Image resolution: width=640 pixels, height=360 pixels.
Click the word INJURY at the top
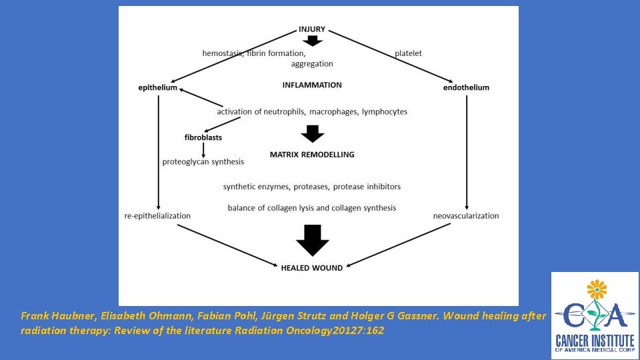312,29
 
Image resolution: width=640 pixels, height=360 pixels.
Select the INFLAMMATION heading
312,85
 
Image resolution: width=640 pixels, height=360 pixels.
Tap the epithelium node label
158,87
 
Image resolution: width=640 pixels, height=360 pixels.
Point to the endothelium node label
466,87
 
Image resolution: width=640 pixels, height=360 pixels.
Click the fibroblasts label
203,137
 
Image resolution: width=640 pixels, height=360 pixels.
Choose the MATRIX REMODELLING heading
312,155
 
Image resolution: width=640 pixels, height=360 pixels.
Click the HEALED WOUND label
312,268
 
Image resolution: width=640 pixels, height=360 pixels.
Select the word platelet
408,53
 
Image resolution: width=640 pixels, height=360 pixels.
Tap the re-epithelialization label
157,216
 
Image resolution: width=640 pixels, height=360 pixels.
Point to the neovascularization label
466,216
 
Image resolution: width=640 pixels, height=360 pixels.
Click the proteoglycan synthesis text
203,162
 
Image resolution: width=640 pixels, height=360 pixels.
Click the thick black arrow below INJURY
313,41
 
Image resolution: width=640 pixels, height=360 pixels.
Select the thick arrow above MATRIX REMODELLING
312,133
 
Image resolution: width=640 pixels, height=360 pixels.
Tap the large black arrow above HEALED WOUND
312,240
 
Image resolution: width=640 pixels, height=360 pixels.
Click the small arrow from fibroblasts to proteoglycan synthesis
203,149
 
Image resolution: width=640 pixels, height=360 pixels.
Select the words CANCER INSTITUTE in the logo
595,335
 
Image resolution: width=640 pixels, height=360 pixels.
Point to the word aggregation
312,64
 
